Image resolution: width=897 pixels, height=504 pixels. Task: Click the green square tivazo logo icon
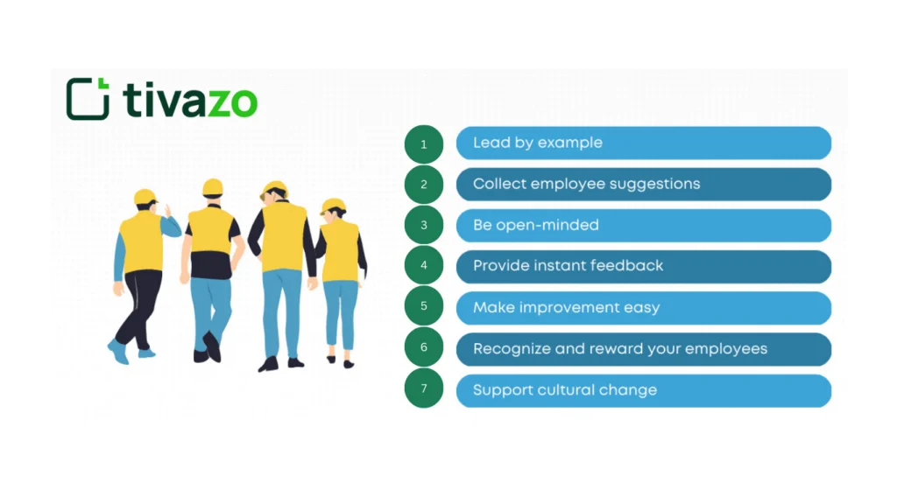pos(88,99)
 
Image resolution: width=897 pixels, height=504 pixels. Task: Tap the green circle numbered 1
pos(424,143)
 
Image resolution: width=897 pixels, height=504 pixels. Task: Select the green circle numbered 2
pos(424,185)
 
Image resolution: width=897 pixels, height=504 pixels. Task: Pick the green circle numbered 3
pos(424,226)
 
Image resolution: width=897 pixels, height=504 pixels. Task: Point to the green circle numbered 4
pos(424,266)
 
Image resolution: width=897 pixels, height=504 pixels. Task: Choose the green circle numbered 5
pos(424,307)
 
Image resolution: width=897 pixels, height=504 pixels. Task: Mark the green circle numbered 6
pos(424,348)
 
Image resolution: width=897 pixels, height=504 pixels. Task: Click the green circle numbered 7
pos(424,389)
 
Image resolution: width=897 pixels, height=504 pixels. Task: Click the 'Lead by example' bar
pos(643,143)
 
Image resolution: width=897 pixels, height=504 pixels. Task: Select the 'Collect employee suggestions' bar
pos(643,184)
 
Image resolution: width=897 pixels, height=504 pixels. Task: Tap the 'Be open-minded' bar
pos(643,225)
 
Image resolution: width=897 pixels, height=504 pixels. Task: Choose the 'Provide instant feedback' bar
pos(643,266)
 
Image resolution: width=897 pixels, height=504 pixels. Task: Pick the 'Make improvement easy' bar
pos(643,307)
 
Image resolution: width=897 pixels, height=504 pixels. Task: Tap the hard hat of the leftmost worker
pos(145,197)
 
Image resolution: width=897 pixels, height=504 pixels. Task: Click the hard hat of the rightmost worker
pos(333,206)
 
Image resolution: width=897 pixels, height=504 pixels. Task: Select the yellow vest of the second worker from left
pos(210,230)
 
